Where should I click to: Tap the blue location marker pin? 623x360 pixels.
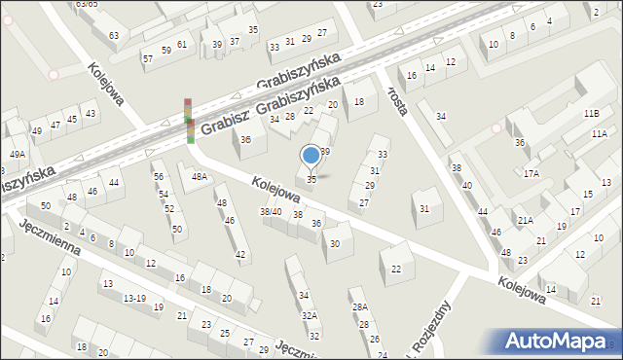point(311,155)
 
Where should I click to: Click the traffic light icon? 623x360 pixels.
point(189,120)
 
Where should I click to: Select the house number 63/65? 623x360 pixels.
point(88,5)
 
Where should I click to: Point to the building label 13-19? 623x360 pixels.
point(135,299)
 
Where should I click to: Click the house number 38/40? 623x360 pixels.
point(271,212)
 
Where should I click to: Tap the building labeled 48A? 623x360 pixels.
point(200,177)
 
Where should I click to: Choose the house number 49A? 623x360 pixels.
point(18,154)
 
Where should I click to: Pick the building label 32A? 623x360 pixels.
point(309,316)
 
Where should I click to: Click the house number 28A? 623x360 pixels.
point(359,307)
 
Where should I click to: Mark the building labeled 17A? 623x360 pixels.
point(531,174)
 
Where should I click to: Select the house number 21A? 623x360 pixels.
point(525,221)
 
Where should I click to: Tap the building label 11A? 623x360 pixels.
point(597,133)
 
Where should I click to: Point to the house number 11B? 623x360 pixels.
point(592,114)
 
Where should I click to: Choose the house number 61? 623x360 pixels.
point(182,45)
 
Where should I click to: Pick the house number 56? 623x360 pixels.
point(158,176)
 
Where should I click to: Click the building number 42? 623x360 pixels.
point(240,255)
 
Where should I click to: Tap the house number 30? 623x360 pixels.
point(335,243)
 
